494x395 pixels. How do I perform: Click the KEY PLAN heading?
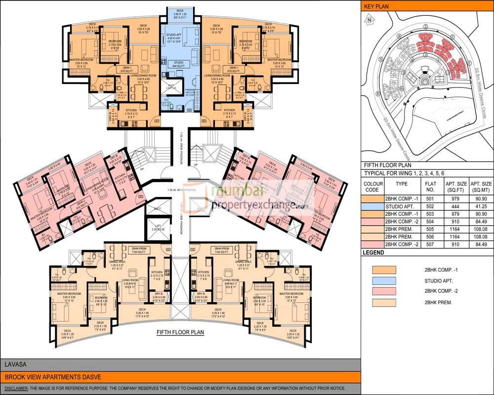(x=376, y=6)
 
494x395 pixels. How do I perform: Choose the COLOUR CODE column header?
(x=374, y=186)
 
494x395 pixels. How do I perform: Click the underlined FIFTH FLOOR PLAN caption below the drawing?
(x=180, y=333)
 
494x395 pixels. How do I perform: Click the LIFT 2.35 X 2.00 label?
(x=158, y=229)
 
